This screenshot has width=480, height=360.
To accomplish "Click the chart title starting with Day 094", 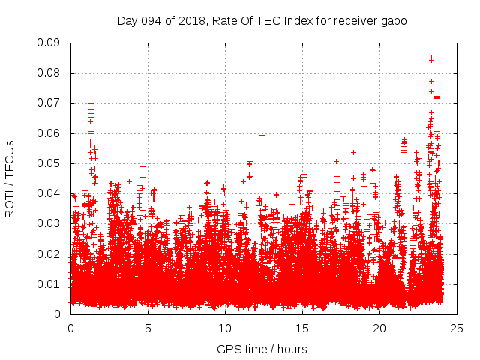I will click(x=262, y=21).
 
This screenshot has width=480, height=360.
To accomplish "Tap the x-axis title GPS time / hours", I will click(x=262, y=349).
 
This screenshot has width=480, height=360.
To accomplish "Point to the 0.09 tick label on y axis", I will click(x=49, y=43).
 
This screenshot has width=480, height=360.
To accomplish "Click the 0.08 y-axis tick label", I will click(x=49, y=73).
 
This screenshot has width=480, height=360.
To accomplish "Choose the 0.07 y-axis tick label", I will click(x=49, y=103).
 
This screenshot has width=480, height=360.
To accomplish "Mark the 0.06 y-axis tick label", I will click(x=49, y=133).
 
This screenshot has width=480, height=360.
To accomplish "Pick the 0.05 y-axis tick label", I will click(x=49, y=163).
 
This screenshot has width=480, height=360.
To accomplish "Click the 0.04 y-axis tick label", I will click(x=49, y=193).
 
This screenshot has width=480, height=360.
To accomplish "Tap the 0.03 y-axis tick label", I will click(x=49, y=223).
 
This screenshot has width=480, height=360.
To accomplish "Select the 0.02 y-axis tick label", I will click(x=49, y=253).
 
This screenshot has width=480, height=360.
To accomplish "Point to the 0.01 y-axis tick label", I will click(x=49, y=283).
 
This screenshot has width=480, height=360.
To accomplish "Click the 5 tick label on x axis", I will click(x=148, y=328).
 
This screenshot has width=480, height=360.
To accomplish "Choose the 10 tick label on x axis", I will click(x=225, y=328).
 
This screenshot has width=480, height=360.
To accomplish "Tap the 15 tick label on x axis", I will click(x=302, y=328).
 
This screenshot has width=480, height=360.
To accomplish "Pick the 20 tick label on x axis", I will click(x=379, y=328).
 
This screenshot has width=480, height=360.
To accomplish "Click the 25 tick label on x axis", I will click(x=457, y=328).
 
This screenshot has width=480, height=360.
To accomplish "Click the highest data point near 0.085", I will click(x=431, y=58).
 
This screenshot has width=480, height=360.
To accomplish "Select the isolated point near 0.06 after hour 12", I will click(x=262, y=135).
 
